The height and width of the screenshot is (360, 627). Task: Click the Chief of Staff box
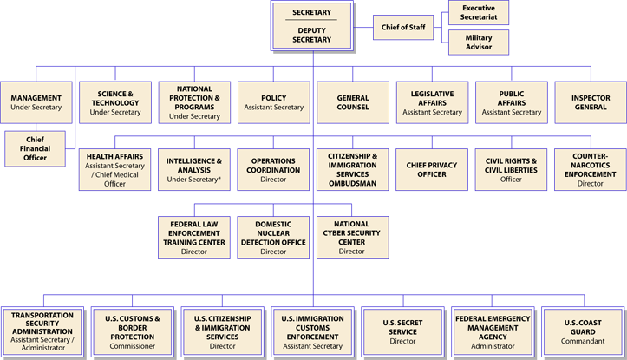(x=403, y=28)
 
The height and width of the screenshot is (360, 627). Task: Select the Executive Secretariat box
(x=479, y=12)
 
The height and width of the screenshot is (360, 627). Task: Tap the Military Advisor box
(x=479, y=43)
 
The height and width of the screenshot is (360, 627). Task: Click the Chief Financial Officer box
(x=35, y=148)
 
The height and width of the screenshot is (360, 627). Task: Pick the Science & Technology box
(x=115, y=102)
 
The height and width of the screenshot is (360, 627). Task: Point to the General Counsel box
(x=352, y=102)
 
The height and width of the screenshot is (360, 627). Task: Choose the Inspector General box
(x=590, y=102)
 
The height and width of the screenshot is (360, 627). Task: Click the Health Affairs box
(x=115, y=169)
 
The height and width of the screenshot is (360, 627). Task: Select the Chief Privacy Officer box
(x=432, y=169)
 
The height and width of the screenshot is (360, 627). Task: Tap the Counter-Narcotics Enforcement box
(x=590, y=169)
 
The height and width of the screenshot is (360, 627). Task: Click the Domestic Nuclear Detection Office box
(x=273, y=237)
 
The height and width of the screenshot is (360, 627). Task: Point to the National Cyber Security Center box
(x=352, y=237)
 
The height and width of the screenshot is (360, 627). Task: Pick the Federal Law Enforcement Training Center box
(x=194, y=237)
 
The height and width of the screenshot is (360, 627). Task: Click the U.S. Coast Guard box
(x=583, y=332)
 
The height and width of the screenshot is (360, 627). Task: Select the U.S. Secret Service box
(x=403, y=332)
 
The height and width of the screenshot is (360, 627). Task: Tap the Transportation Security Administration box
(x=42, y=332)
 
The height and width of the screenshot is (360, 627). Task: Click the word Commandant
(x=583, y=342)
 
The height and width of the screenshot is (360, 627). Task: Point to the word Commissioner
(x=133, y=346)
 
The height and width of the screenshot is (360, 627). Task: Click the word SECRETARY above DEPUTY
(x=312, y=12)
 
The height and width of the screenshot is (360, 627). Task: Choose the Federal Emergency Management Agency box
(x=493, y=332)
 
